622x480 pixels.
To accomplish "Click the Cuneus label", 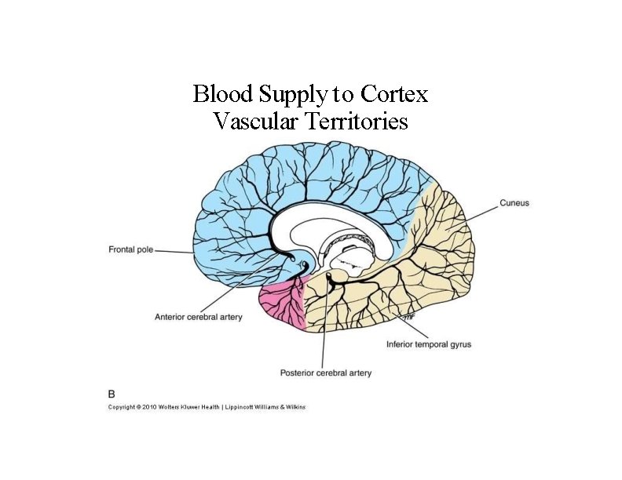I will pyautogui.click(x=514, y=203).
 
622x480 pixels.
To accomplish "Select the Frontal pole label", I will pyautogui.click(x=130, y=249).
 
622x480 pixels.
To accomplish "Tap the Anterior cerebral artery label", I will pyautogui.click(x=198, y=318).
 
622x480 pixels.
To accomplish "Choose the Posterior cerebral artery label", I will pyautogui.click(x=326, y=373).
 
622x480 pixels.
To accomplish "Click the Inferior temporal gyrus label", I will pyautogui.click(x=429, y=344).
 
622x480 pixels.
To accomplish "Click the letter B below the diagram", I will pyautogui.click(x=111, y=391).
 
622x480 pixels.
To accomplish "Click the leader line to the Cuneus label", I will pyautogui.click(x=481, y=210).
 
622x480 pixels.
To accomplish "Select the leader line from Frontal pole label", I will pyautogui.click(x=174, y=251).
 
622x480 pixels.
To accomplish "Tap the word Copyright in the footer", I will pyautogui.click(x=122, y=407).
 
